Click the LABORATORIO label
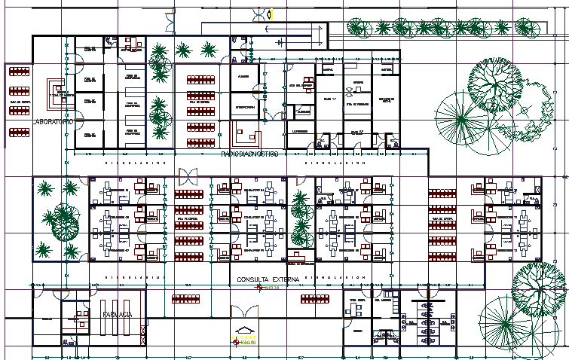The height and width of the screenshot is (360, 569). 52,121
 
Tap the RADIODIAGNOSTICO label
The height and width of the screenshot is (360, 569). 249,154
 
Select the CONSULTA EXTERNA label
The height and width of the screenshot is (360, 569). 268,279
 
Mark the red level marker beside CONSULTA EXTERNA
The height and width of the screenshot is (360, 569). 259,287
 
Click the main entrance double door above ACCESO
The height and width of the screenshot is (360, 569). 246,310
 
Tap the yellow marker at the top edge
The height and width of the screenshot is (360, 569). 273,13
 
